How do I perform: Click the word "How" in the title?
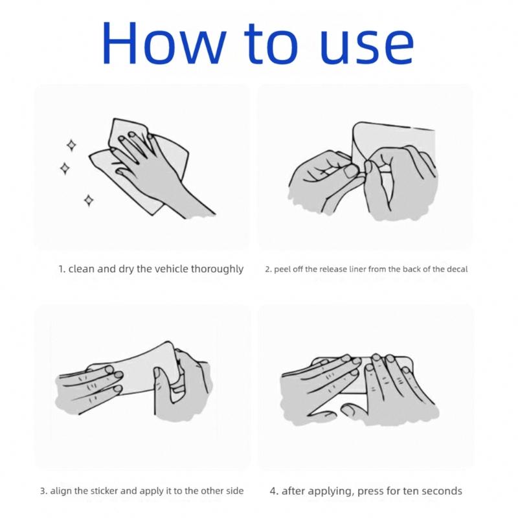(x=164, y=42)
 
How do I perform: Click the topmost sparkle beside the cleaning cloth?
(x=71, y=145)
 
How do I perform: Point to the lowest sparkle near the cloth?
(x=89, y=200)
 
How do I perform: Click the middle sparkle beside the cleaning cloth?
(x=65, y=168)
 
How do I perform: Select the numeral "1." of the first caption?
(x=62, y=269)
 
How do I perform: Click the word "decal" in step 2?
(x=457, y=269)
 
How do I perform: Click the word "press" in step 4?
(x=370, y=491)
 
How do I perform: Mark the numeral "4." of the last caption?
(x=274, y=491)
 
